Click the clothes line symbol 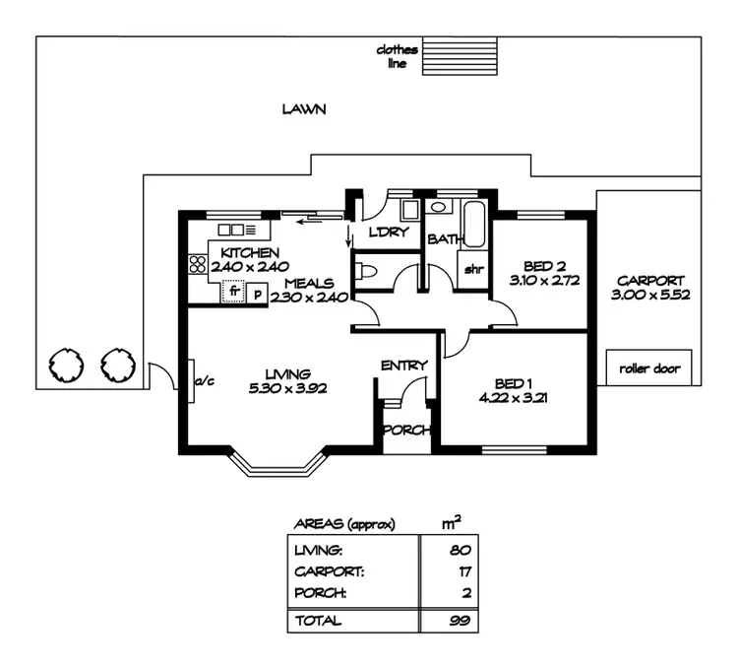[x=461, y=57]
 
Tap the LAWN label [x=303, y=109]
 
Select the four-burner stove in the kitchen [x=195, y=264]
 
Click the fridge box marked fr [x=234, y=292]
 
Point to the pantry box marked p [x=257, y=293]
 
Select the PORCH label [x=402, y=430]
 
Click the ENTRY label [x=403, y=366]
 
